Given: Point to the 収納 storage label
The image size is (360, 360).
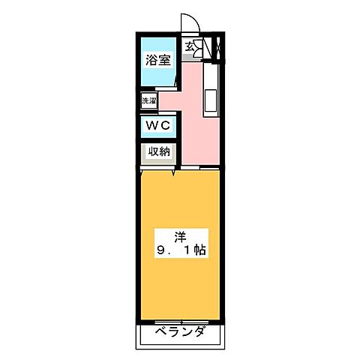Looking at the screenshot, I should tap(157, 151).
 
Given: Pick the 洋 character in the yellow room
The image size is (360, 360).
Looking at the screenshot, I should tap(181, 233).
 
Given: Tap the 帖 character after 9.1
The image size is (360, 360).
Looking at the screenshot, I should tap(200, 250).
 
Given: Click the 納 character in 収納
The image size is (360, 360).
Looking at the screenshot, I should tap(163, 151).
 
